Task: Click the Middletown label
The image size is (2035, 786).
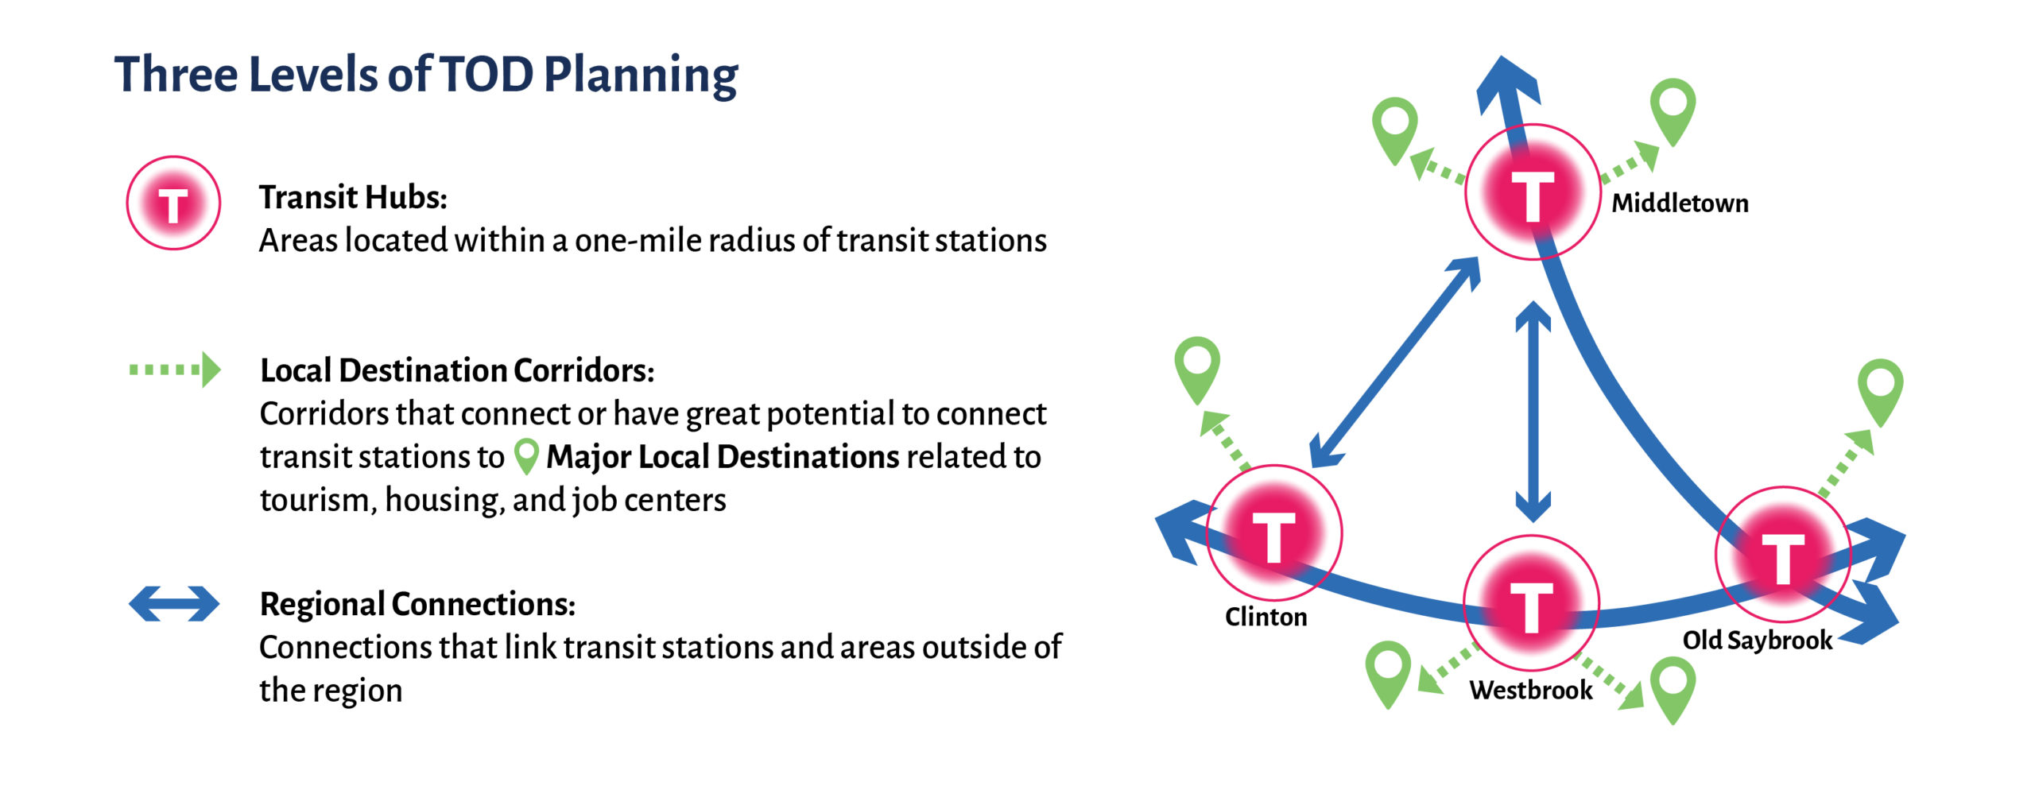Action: pyautogui.click(x=1680, y=203)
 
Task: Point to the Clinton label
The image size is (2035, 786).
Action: pyautogui.click(x=1266, y=617)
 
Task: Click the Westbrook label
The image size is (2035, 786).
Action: pyautogui.click(x=1531, y=690)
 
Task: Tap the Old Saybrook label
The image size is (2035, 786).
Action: pyautogui.click(x=1758, y=641)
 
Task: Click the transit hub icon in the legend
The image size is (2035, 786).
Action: pyautogui.click(x=173, y=203)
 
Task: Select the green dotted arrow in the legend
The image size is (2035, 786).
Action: pyautogui.click(x=175, y=370)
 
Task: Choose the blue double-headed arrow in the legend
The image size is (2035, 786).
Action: pyautogui.click(x=174, y=603)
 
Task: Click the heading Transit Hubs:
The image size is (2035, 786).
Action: pyautogui.click(x=353, y=197)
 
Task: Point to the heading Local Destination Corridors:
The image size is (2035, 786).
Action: pyautogui.click(x=457, y=370)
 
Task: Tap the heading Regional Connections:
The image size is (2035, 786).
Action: pyautogui.click(x=417, y=604)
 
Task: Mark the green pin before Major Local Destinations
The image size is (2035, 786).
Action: pyautogui.click(x=526, y=457)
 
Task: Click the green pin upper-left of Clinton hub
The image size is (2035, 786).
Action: pyautogui.click(x=1197, y=370)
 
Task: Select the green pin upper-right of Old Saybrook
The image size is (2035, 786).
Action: pyautogui.click(x=1880, y=393)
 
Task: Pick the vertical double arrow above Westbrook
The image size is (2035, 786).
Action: pyautogui.click(x=1533, y=411)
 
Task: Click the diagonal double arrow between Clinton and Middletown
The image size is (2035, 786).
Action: pyautogui.click(x=1395, y=362)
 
